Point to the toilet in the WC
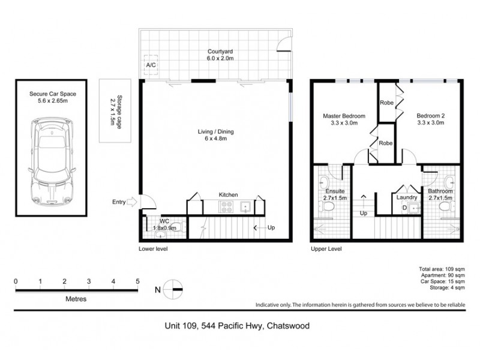179,227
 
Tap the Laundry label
406,197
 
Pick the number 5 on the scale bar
137,281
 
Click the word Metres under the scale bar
76,298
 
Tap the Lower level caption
153,248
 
